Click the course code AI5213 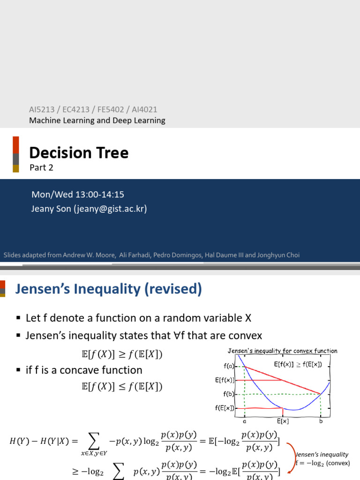(42, 109)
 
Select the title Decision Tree (79, 152)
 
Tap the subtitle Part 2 (41, 167)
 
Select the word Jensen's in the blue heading (41, 290)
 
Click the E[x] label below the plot (282, 421)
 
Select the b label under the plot (321, 421)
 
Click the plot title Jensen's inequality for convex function (282, 351)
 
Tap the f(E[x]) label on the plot (225, 408)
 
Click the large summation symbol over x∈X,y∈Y (94, 441)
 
